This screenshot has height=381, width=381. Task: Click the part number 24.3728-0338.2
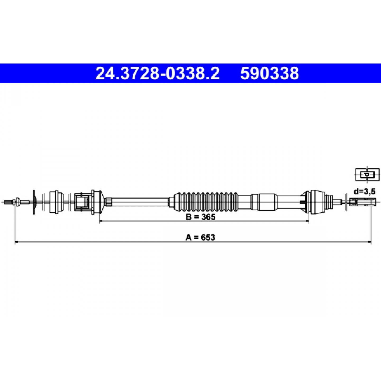pos(157,73)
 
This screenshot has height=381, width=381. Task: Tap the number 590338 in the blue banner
pos(269,73)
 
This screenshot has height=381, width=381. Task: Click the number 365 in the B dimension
pos(208,217)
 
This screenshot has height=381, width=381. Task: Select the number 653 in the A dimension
pos(208,237)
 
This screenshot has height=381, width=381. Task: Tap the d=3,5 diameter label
pos(364,192)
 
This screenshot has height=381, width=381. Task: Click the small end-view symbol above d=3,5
pos(367,175)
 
